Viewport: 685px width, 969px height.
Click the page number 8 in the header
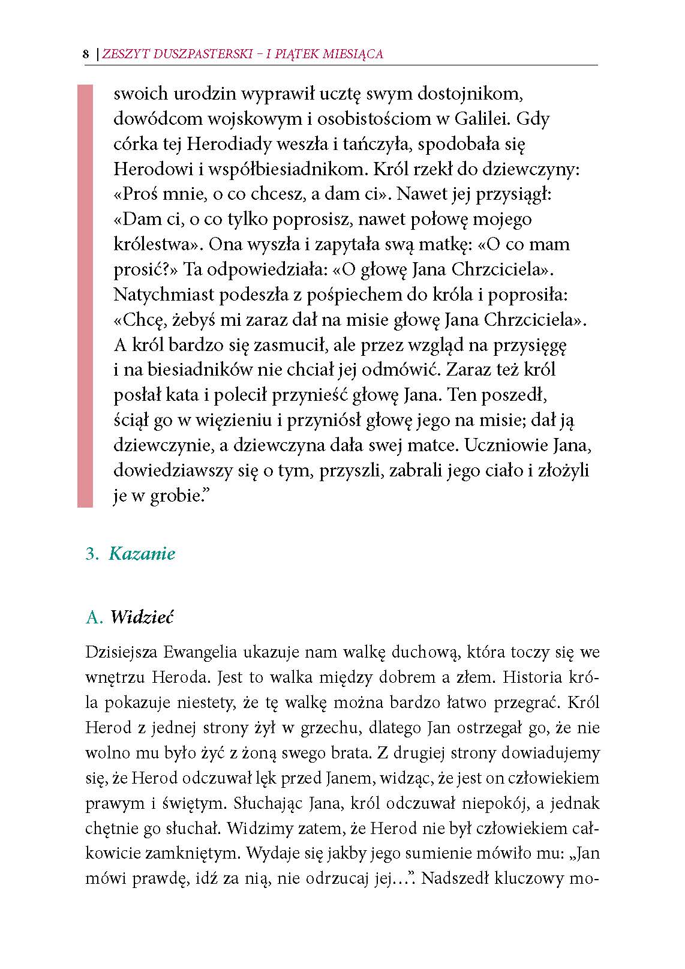(86, 54)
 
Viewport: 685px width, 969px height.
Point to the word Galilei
(481, 119)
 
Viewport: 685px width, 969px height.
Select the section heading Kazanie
(142, 553)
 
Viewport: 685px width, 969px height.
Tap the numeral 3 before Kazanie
(91, 553)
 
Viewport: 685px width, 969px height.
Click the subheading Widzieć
(142, 617)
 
